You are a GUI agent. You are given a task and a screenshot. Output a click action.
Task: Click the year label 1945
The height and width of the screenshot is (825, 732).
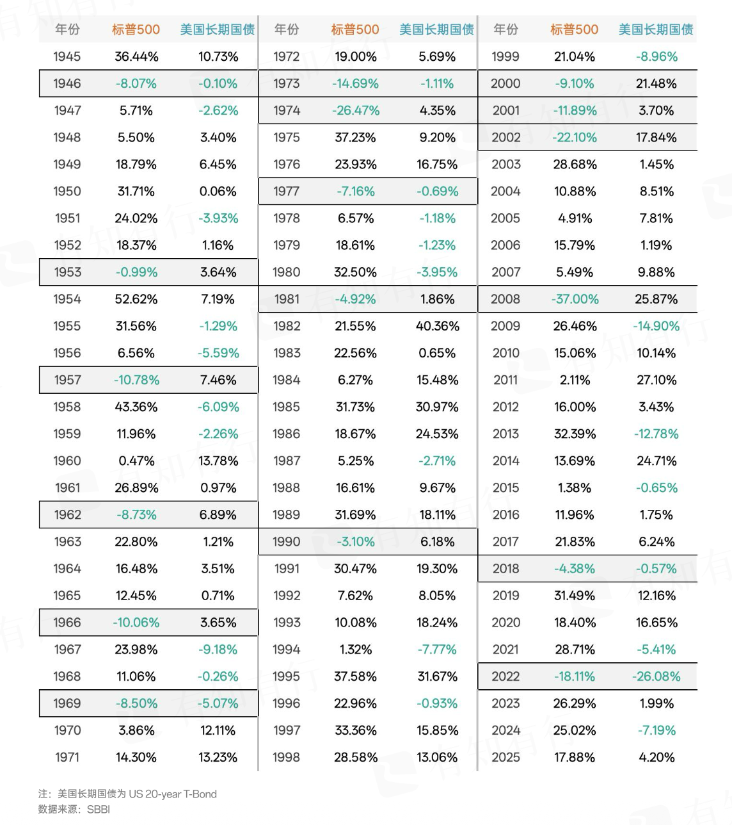point(67,56)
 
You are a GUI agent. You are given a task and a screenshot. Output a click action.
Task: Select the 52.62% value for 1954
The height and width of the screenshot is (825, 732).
point(136,299)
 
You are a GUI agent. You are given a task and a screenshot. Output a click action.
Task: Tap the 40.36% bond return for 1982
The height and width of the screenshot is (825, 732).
point(438,326)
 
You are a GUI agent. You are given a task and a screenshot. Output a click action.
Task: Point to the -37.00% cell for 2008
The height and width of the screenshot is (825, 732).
point(575,299)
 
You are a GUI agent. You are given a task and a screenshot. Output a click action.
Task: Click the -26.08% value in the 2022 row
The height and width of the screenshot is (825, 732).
point(656,676)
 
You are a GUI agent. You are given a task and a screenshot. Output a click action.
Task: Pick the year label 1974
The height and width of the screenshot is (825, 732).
point(287,110)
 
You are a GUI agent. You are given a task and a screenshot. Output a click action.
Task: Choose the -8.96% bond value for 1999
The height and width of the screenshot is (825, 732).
point(656,56)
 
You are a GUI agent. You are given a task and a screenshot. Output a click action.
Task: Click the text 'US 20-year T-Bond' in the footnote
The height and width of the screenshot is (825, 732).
point(173,794)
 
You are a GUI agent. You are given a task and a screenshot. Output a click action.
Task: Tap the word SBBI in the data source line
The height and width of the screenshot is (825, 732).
point(99,809)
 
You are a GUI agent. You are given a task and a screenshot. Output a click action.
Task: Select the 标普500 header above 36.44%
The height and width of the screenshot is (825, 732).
point(136,29)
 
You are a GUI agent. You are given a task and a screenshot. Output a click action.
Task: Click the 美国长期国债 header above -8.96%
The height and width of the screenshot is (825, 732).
point(656,29)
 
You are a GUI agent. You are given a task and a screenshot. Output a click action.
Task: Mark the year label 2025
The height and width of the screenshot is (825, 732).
point(505,757)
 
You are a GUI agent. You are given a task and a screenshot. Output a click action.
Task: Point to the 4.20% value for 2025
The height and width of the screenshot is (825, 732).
point(656,757)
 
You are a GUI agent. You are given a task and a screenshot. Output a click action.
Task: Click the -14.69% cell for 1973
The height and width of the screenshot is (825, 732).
point(355,83)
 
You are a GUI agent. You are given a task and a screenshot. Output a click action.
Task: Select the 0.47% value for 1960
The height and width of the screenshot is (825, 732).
point(136,461)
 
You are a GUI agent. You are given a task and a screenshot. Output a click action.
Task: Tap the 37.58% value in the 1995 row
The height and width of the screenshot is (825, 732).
point(355,676)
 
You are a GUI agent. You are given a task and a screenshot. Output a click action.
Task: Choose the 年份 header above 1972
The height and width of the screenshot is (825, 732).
point(287,29)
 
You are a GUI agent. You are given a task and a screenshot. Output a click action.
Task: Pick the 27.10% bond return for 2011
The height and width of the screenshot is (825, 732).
point(656,380)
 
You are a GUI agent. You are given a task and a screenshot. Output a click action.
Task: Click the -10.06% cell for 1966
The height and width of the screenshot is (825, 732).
point(136,622)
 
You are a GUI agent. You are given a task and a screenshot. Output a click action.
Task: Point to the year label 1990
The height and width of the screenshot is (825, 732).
point(287,541)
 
